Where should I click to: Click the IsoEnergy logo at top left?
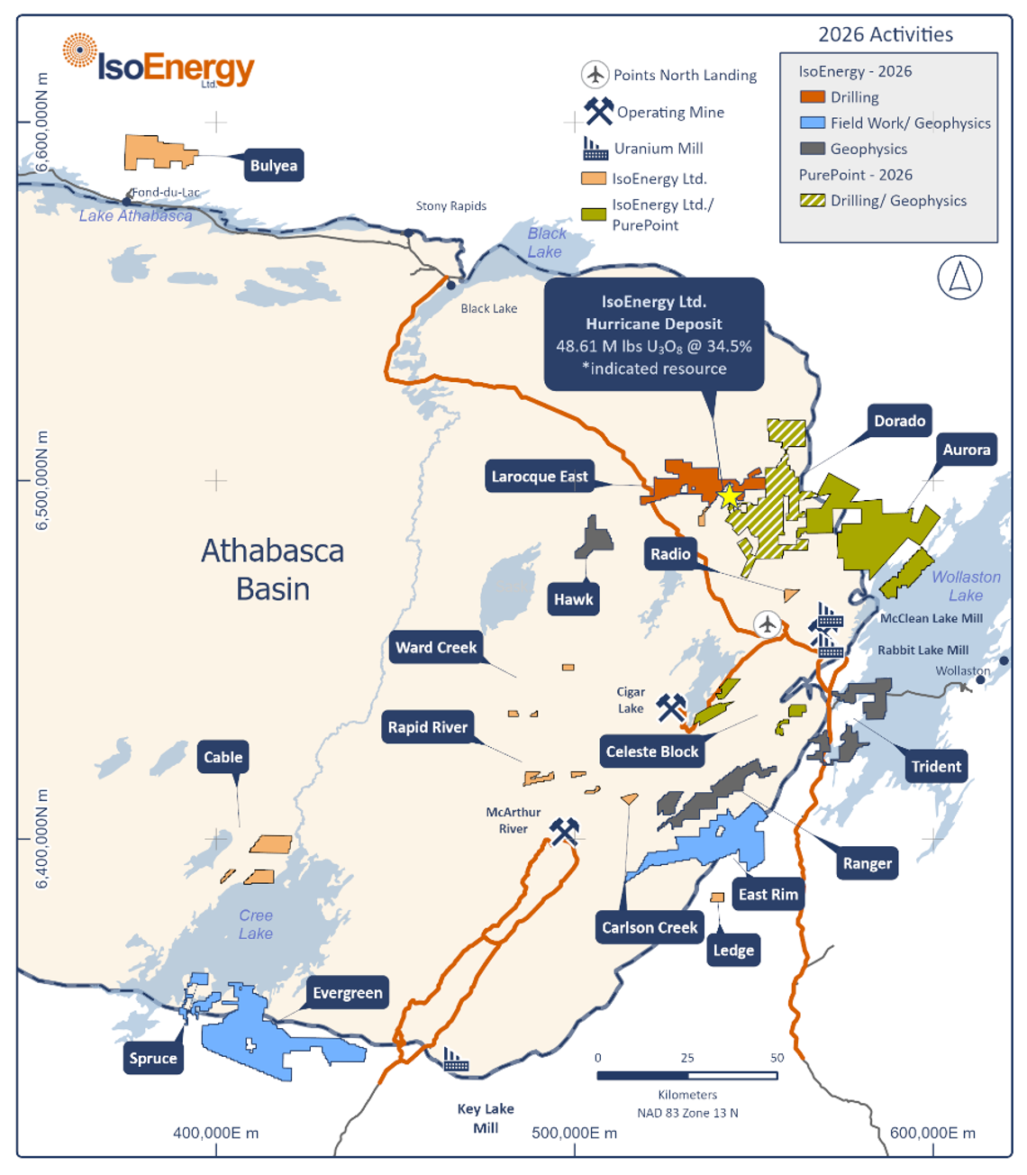click(159, 61)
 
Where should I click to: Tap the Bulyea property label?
click(273, 166)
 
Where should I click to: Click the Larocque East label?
click(539, 477)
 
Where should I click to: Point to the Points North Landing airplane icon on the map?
click(767, 624)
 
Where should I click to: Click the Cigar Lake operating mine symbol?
click(671, 707)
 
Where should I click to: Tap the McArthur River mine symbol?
click(565, 830)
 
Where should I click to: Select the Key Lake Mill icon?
click(456, 1060)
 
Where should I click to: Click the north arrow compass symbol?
click(959, 278)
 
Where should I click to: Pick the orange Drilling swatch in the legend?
click(813, 97)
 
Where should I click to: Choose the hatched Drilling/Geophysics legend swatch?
click(813, 200)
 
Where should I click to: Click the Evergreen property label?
click(347, 993)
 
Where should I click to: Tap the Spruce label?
click(153, 1058)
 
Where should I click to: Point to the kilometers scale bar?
click(686, 1076)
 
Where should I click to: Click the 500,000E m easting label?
click(574, 1134)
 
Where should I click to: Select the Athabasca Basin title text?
click(272, 569)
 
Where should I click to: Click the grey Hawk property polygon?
click(594, 540)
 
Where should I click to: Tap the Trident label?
click(936, 767)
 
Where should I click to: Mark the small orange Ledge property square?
click(717, 897)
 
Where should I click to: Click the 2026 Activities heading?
click(885, 34)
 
